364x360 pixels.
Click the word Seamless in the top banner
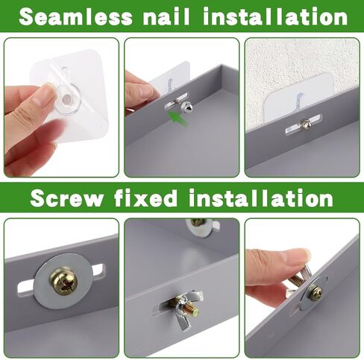(75, 16)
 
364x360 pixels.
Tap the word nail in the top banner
(166, 16)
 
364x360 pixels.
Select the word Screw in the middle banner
(67, 198)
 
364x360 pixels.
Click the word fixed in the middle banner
(145, 198)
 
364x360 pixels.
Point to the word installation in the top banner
(275, 16)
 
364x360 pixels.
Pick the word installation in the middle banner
(261, 198)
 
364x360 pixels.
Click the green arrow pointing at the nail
(178, 119)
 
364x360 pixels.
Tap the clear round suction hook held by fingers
(67, 99)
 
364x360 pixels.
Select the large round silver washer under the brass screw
(63, 281)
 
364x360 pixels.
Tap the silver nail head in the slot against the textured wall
(305, 123)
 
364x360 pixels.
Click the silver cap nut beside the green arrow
(186, 106)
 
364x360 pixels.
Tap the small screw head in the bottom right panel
(316, 293)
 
